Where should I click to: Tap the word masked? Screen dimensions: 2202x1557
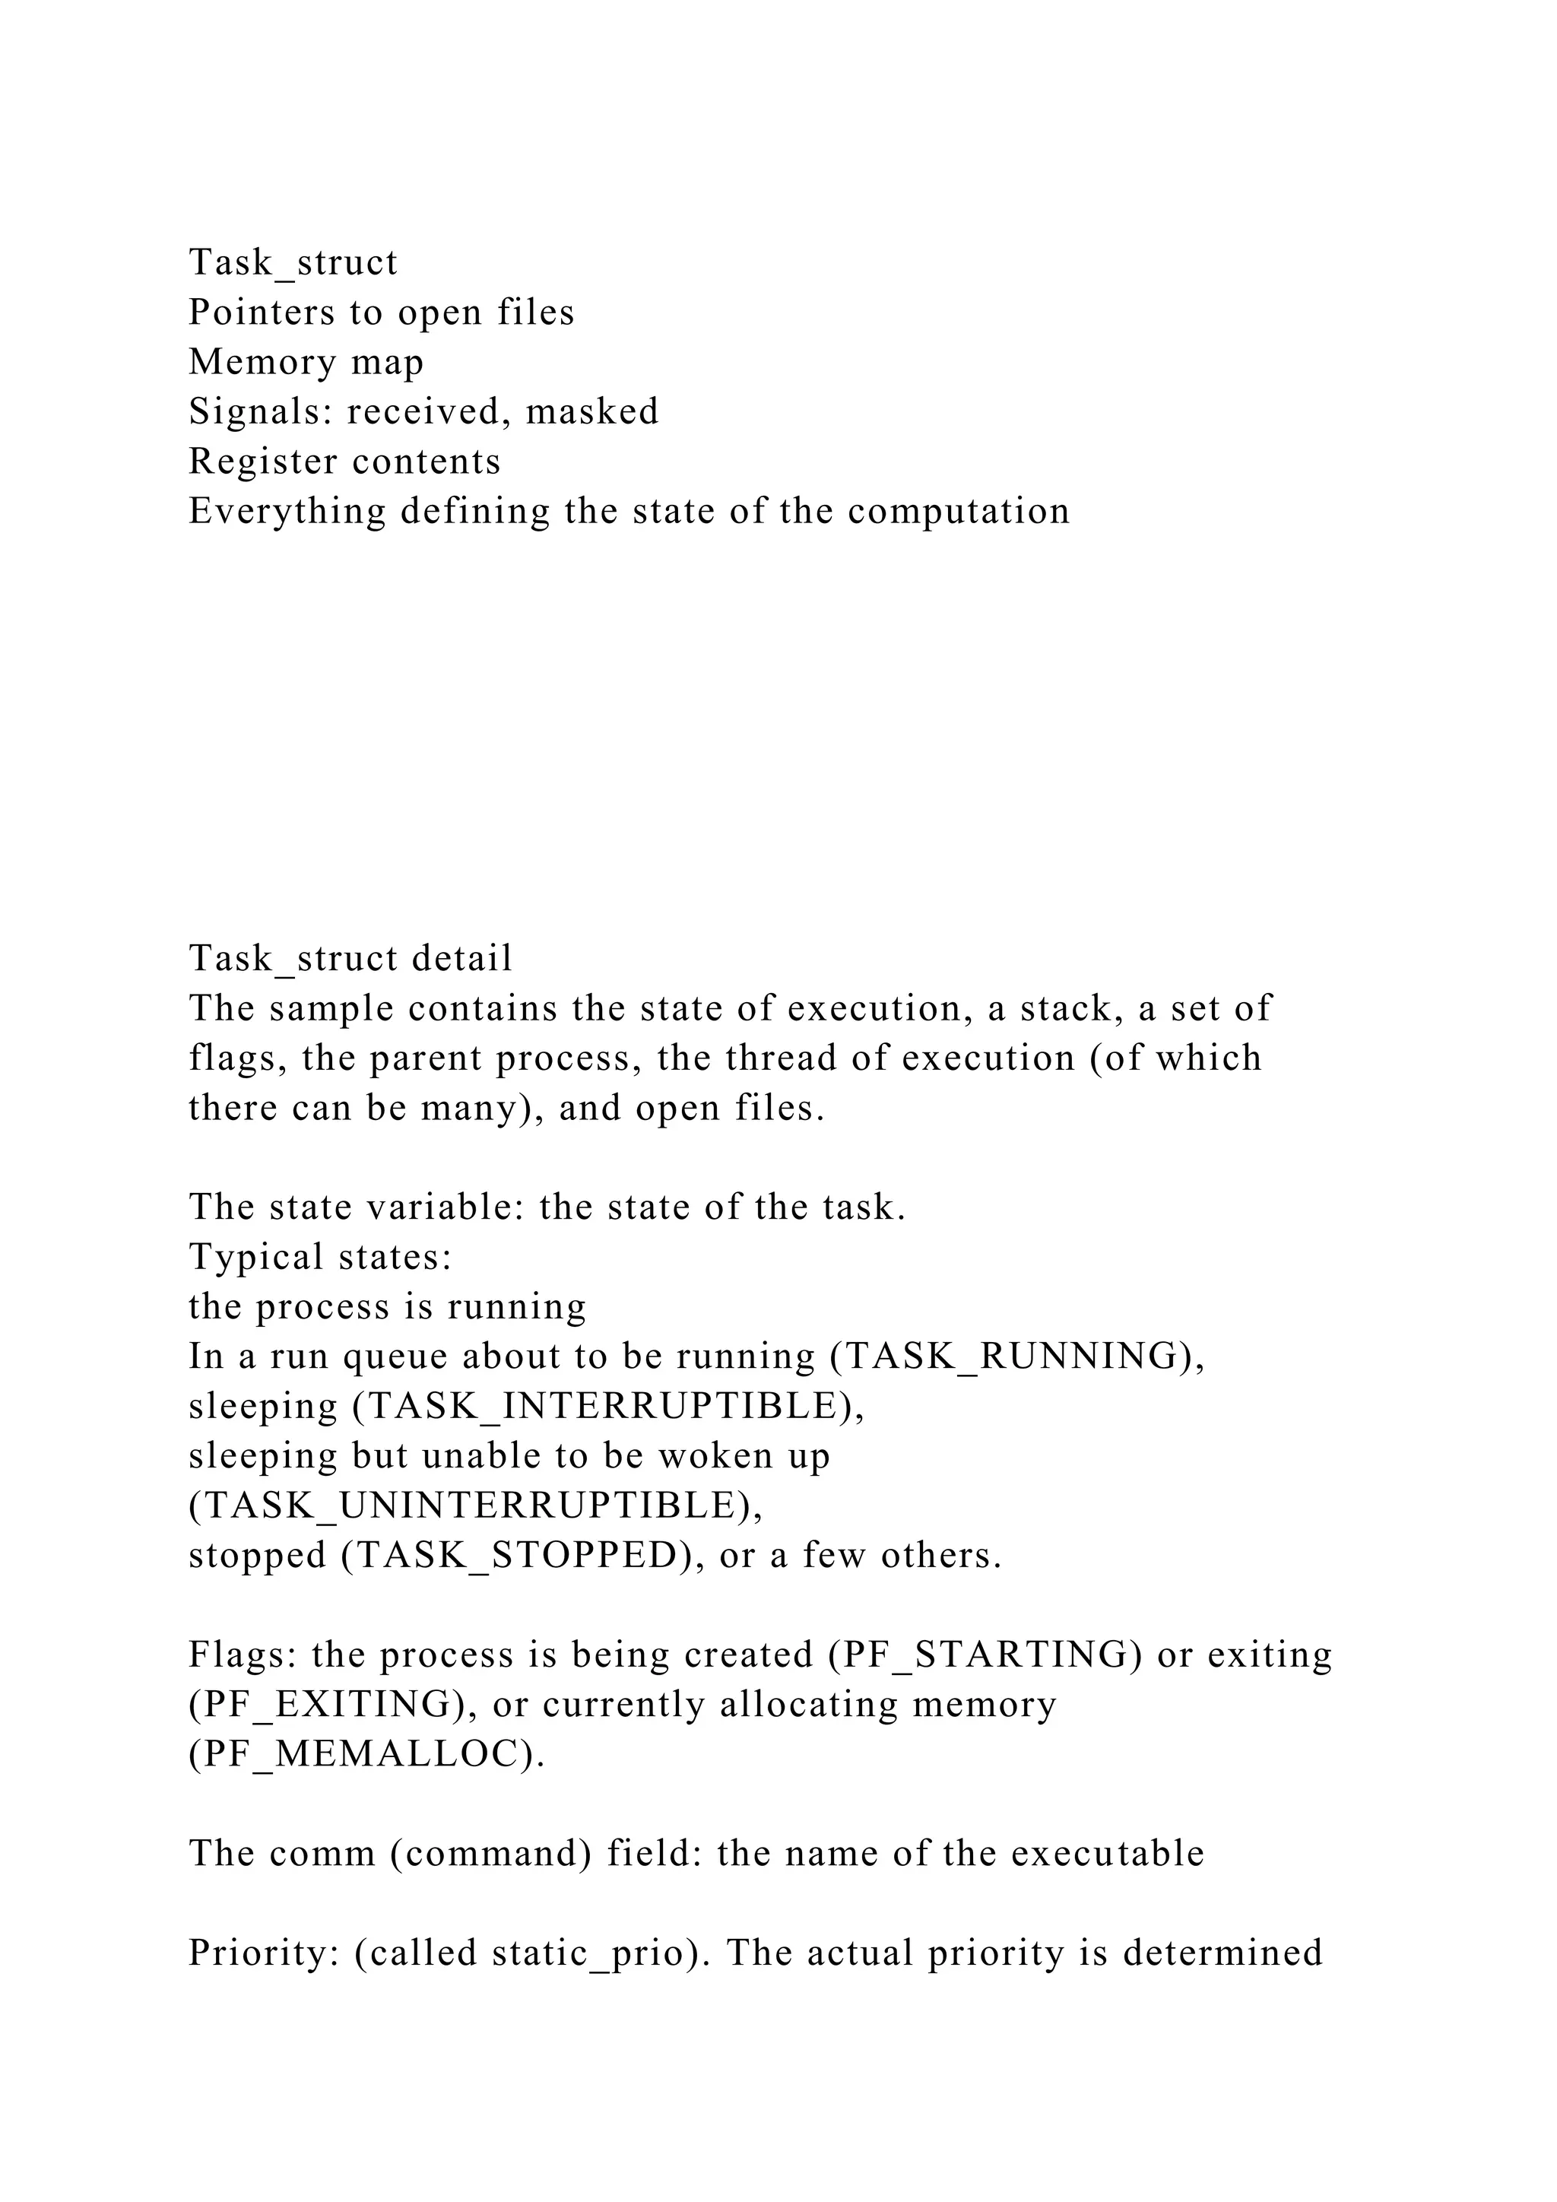click(592, 411)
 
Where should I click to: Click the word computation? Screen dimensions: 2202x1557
click(958, 511)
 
